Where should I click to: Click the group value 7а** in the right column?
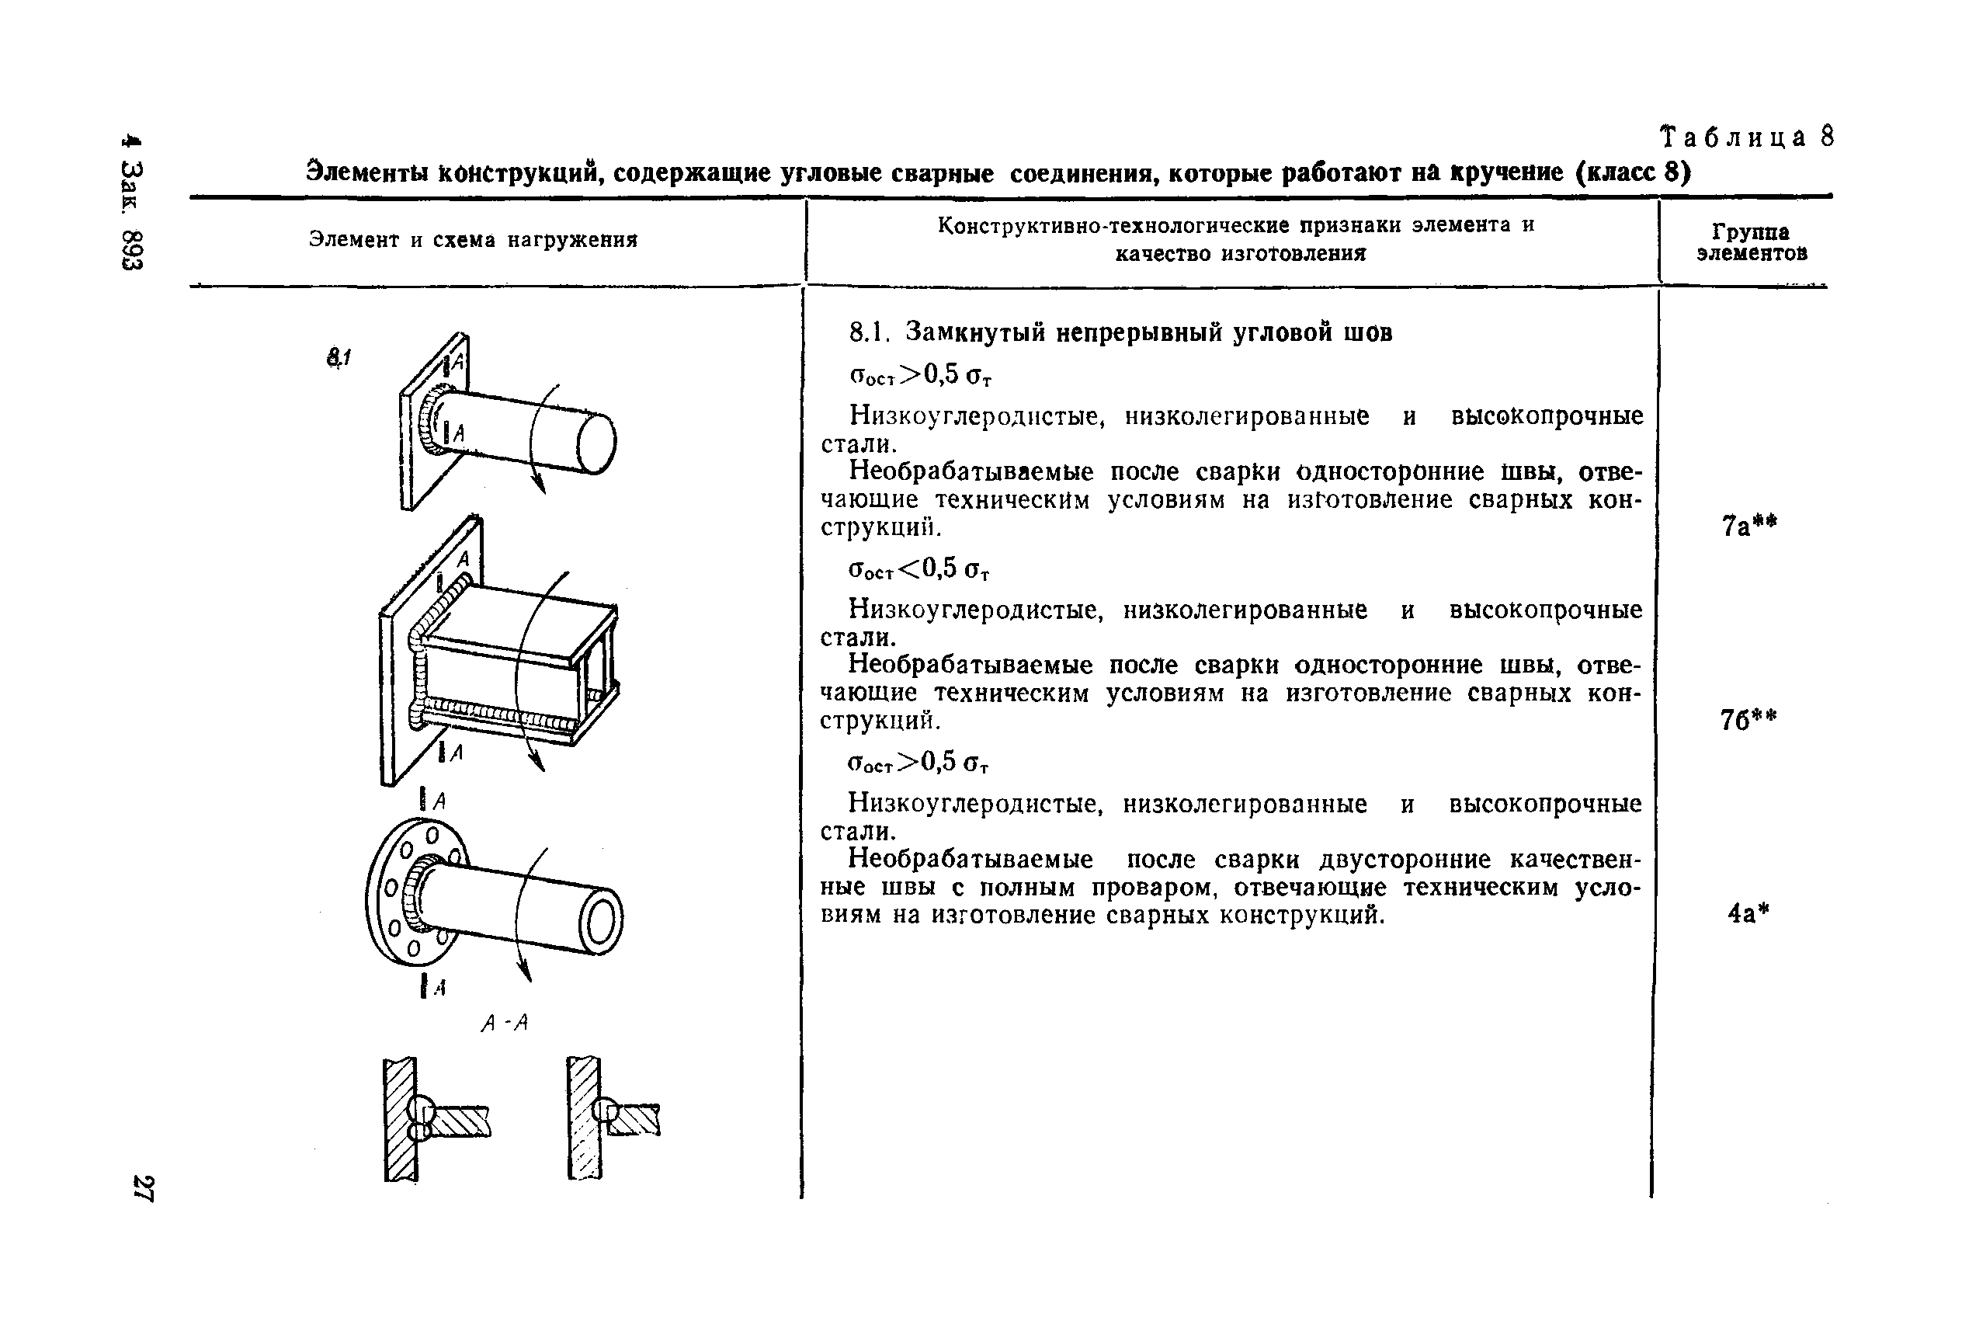click(1749, 527)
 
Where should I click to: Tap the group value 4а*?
click(1748, 913)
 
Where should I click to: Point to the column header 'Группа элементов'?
click(1751, 242)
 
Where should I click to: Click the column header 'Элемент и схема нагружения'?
click(474, 240)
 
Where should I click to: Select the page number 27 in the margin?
click(143, 1188)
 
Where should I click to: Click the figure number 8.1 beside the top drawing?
click(339, 358)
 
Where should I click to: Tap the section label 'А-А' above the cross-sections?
click(504, 1024)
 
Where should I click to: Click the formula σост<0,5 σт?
click(918, 570)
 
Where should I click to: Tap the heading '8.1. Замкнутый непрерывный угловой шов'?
click(1120, 333)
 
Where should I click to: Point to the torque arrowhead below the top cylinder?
click(538, 484)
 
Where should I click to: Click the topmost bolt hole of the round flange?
click(432, 836)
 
